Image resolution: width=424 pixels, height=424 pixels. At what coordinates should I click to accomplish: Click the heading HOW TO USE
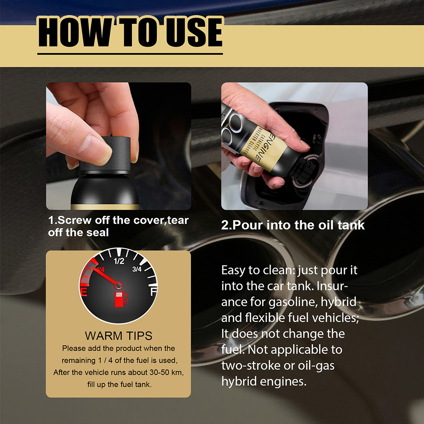pyautogui.click(x=130, y=32)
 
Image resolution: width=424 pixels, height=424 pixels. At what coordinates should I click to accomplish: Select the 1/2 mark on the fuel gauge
pyautogui.click(x=119, y=261)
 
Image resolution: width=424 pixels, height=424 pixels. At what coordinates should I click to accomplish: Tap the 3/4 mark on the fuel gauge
pyautogui.click(x=137, y=269)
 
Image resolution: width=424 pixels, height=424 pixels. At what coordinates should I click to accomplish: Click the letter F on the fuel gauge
pyautogui.click(x=153, y=292)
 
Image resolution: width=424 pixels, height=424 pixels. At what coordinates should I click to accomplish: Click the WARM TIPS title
pyautogui.click(x=119, y=336)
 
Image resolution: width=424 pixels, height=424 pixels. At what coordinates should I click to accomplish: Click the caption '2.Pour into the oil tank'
pyautogui.click(x=293, y=224)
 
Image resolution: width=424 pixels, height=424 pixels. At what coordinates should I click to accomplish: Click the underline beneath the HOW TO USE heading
pyautogui.click(x=130, y=54)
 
